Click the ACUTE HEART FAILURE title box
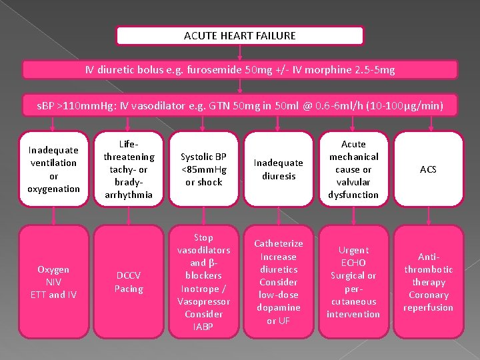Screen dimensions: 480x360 240,35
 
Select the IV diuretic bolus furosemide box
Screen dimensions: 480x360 240,70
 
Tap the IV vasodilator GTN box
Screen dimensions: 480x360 240,105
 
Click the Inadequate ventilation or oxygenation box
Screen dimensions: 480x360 54,169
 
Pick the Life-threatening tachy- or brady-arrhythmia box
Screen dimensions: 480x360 129,169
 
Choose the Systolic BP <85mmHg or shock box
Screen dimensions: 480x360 203,169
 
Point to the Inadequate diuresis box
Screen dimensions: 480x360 279,169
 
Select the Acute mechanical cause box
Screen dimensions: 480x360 353,169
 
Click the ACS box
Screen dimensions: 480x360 428,169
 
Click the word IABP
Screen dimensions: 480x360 203,327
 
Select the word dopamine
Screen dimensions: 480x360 279,307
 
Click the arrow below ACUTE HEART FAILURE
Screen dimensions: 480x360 240,53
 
